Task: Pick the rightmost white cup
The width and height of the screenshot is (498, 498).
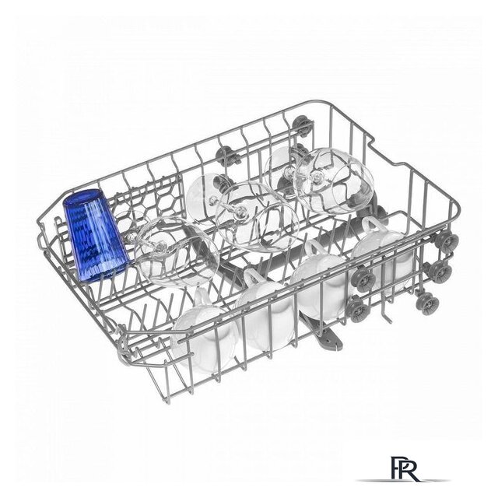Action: [383, 251]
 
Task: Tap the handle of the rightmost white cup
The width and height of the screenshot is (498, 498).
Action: [372, 225]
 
